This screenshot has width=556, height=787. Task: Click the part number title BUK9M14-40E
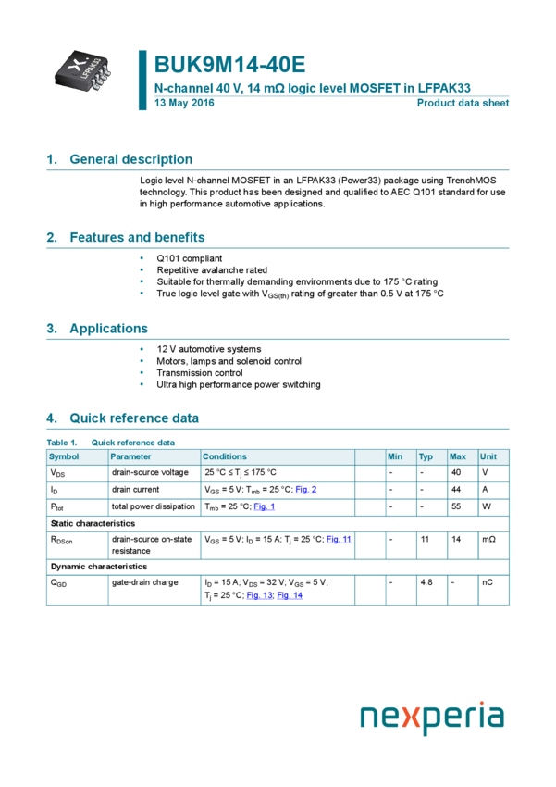[x=229, y=65]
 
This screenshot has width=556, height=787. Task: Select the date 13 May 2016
[x=184, y=103]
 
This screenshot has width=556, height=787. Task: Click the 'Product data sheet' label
[x=463, y=103]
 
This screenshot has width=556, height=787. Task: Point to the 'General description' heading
[x=130, y=159]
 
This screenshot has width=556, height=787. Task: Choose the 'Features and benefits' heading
[x=137, y=237]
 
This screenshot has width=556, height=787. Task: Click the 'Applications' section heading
[x=108, y=329]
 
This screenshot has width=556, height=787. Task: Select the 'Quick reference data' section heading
[x=133, y=418]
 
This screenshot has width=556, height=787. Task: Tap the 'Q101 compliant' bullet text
[x=189, y=258]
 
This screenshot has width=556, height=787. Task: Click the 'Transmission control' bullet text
[x=199, y=373]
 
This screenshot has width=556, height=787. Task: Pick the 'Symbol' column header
[x=65, y=456]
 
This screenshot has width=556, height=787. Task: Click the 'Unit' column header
[x=488, y=456]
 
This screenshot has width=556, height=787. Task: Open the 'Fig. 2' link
[x=306, y=490]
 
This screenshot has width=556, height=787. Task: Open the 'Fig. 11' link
[x=339, y=539]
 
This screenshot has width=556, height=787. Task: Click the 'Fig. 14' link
[x=290, y=595]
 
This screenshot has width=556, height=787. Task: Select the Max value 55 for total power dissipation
[x=456, y=506]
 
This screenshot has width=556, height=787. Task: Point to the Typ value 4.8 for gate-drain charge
[x=426, y=582]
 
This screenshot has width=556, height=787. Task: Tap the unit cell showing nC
[x=487, y=582]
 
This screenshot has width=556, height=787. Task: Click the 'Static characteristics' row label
[x=93, y=524]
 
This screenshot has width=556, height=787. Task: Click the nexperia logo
[x=432, y=718]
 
